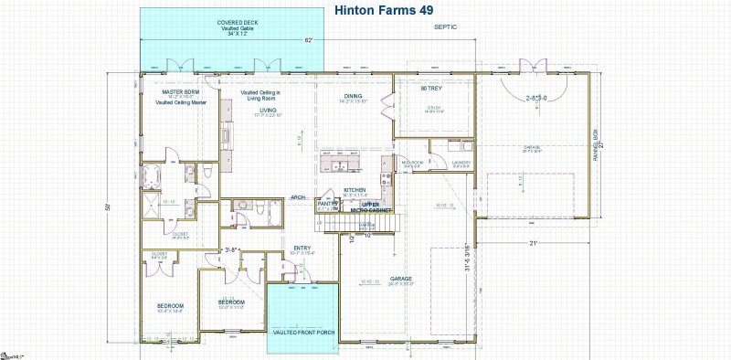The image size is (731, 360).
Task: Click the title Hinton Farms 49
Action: (x=384, y=11)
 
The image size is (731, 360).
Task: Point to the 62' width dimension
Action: (x=309, y=40)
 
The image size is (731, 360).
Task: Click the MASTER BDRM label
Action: (x=180, y=92)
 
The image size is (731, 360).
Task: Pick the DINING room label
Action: (x=353, y=96)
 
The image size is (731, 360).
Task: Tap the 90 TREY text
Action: (x=431, y=89)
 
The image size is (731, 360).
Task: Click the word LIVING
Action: (x=268, y=109)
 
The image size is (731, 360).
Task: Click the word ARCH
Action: (x=298, y=196)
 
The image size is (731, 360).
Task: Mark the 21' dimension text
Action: (x=532, y=242)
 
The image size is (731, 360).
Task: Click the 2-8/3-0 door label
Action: (x=536, y=98)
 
